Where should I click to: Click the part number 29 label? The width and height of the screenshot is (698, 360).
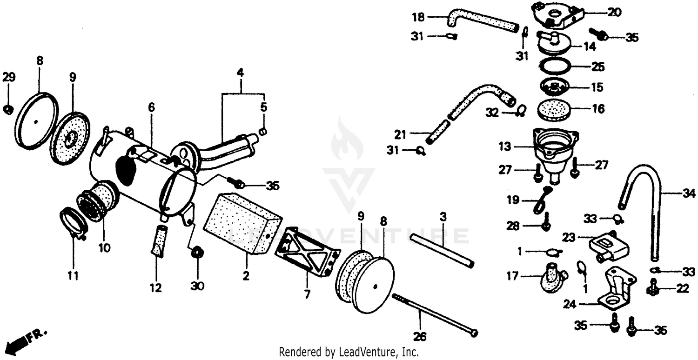[9, 78]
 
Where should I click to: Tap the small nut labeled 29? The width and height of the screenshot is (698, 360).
[8, 110]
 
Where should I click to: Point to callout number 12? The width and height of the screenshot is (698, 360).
[155, 288]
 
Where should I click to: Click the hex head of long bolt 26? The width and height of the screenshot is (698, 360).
[474, 333]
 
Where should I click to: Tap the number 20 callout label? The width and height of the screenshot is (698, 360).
[614, 13]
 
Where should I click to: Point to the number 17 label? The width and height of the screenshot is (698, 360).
[512, 277]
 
